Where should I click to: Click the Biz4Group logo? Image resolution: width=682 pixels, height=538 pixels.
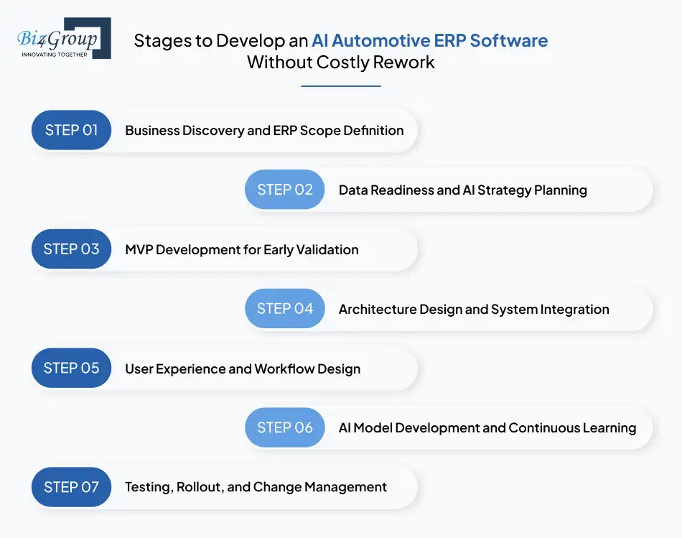pos(63,38)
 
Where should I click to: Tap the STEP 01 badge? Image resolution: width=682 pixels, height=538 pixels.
pos(72,130)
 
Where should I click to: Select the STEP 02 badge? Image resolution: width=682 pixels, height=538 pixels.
pos(285,190)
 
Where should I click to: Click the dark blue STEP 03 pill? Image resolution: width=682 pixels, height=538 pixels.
pos(72,249)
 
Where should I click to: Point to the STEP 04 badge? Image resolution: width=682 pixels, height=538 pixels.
pos(285,309)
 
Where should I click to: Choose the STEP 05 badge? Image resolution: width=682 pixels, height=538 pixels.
pos(72,368)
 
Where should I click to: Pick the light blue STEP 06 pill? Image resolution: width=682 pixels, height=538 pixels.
pos(285,427)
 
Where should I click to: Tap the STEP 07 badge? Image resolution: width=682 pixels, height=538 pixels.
pos(72,487)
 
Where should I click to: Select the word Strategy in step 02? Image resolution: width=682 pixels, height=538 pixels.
pos(499,190)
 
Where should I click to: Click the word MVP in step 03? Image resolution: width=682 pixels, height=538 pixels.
pos(139,250)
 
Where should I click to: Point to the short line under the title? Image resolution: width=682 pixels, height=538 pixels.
pos(340,86)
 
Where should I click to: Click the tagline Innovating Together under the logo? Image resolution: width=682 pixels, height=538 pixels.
pos(55,54)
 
